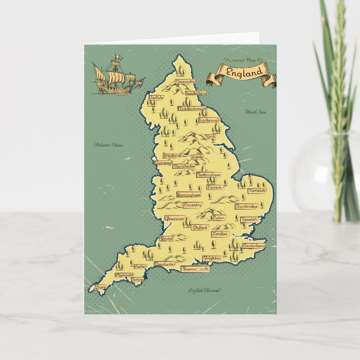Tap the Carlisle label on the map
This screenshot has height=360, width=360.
pyautogui.click(x=157, y=97)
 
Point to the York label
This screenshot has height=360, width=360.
pyautogui.click(x=211, y=137)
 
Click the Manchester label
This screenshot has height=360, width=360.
pyautogui.click(x=184, y=166)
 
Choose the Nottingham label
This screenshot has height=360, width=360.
pyautogui.click(x=209, y=175)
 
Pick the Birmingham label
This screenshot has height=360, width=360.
pyautogui.click(x=188, y=195)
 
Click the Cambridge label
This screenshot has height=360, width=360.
pyautogui.click(x=246, y=206)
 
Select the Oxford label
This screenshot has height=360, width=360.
pyautogui.click(x=200, y=228)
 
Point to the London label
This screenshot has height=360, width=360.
pyautogui.click(x=220, y=234)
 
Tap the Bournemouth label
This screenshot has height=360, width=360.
pyautogui.click(x=195, y=269)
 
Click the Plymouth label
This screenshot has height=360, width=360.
pyautogui.click(x=124, y=275)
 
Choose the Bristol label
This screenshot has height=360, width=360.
pyautogui.click(x=167, y=238)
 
